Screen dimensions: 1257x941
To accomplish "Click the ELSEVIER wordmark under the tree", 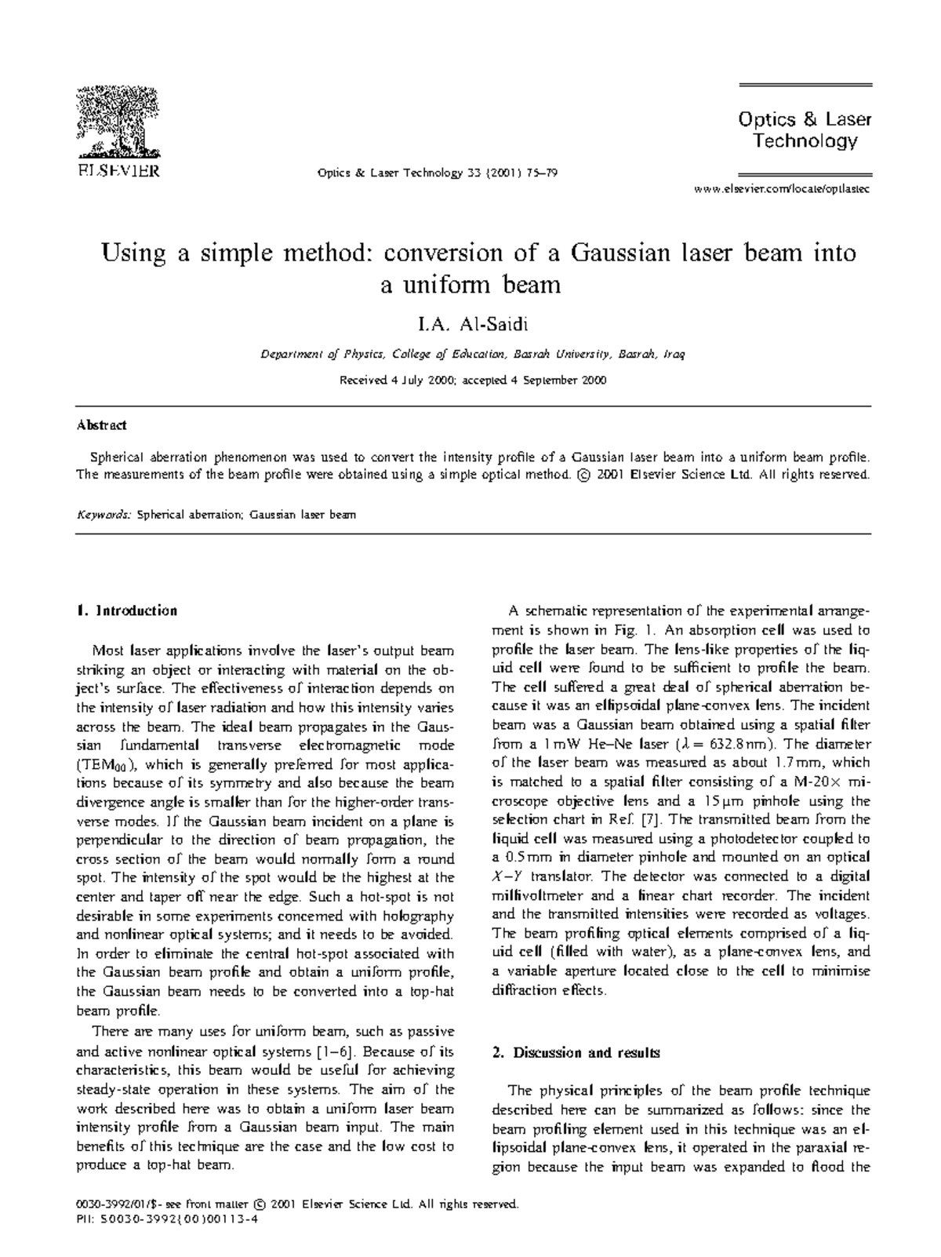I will pyautogui.click(x=118, y=170).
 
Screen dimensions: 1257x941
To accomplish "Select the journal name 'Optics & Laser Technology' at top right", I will pyautogui.click(x=805, y=130).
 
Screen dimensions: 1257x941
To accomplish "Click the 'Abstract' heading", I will pyautogui.click(x=101, y=425).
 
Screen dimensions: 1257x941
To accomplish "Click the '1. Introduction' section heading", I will pyautogui.click(x=126, y=610).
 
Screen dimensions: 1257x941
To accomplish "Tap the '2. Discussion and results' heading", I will pyautogui.click(x=576, y=1052).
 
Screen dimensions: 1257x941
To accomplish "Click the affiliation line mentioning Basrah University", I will pyautogui.click(x=472, y=355).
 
